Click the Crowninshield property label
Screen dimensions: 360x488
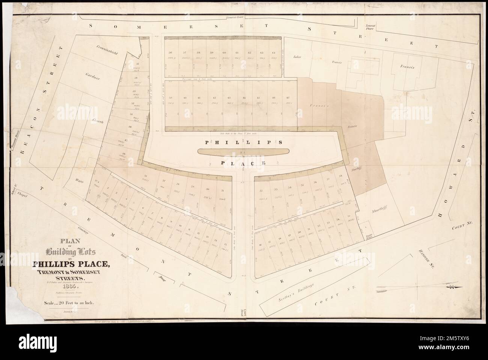point(106,50)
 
